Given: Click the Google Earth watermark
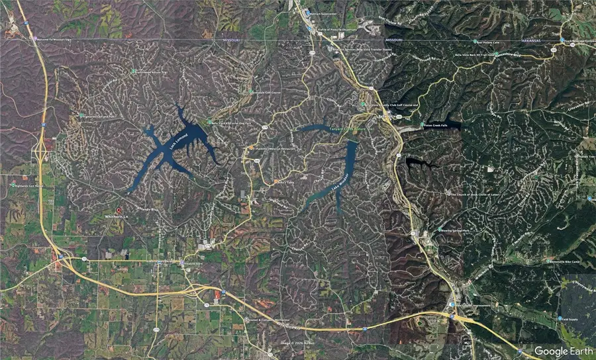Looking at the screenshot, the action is (562, 351).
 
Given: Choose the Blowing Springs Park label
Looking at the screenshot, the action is (457, 230).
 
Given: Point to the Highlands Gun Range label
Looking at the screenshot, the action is (29, 186).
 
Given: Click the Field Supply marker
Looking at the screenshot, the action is (558, 320).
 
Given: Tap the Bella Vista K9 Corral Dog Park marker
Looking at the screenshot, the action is (208, 122).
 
